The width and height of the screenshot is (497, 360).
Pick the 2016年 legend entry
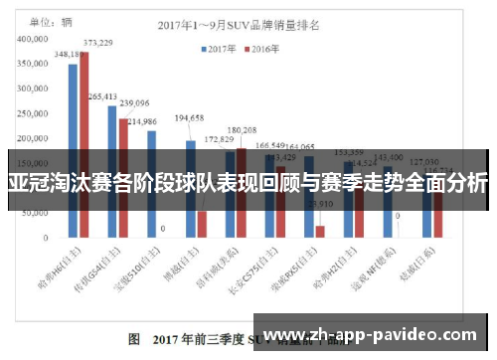point(262,47)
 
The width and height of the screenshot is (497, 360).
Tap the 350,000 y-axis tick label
point(34,63)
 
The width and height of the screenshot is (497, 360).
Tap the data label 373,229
point(97,43)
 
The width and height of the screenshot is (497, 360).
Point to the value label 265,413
point(102,97)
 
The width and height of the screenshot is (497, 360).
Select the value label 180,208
point(242,130)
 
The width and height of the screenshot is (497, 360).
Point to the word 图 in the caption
point(135,338)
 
